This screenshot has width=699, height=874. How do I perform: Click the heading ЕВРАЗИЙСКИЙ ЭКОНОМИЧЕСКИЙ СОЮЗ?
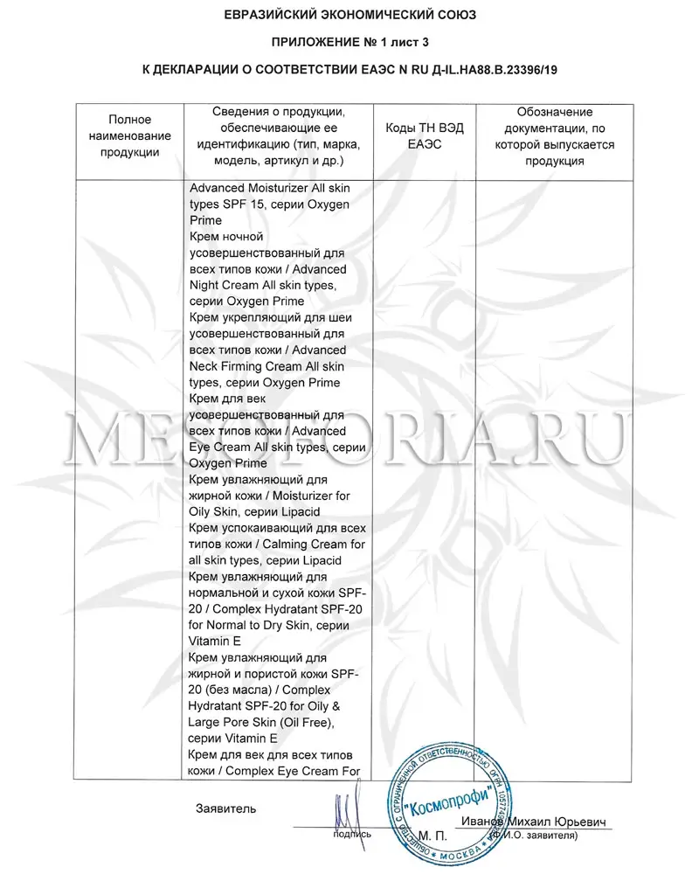tap(349, 16)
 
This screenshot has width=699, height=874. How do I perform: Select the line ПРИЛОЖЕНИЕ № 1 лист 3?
tap(349, 41)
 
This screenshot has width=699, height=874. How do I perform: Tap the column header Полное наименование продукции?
tap(130, 135)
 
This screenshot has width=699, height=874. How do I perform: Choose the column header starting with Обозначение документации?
tap(554, 136)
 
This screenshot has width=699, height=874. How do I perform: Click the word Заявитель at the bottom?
tap(226, 808)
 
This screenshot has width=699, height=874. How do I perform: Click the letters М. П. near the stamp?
tap(433, 836)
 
